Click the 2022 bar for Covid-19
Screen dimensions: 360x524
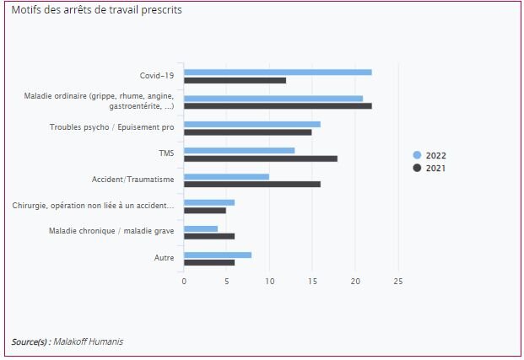pos(278,73)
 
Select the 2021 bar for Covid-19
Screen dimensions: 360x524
pos(235,81)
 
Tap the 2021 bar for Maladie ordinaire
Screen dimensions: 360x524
pos(278,106)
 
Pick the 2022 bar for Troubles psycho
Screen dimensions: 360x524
pos(252,124)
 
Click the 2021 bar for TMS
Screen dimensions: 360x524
pos(261,159)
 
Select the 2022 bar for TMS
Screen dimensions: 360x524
pos(239,150)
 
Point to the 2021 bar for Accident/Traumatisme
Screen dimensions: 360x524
pos(252,184)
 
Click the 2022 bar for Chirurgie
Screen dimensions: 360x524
pos(209,202)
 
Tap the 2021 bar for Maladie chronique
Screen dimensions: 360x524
pos(209,236)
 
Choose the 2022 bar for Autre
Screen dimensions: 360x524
pos(218,254)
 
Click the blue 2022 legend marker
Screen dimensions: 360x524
pos(417,155)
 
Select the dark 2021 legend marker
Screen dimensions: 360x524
pos(417,168)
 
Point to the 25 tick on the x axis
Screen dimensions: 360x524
pos(398,281)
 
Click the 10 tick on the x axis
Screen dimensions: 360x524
pos(269,281)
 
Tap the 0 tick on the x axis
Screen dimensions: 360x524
pos(184,281)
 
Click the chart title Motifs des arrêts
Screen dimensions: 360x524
pos(96,10)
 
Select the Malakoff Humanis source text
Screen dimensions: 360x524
pos(88,341)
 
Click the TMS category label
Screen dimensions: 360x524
pos(166,153)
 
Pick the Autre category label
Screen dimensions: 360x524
pos(165,257)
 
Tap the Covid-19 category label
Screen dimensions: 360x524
pos(157,76)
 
